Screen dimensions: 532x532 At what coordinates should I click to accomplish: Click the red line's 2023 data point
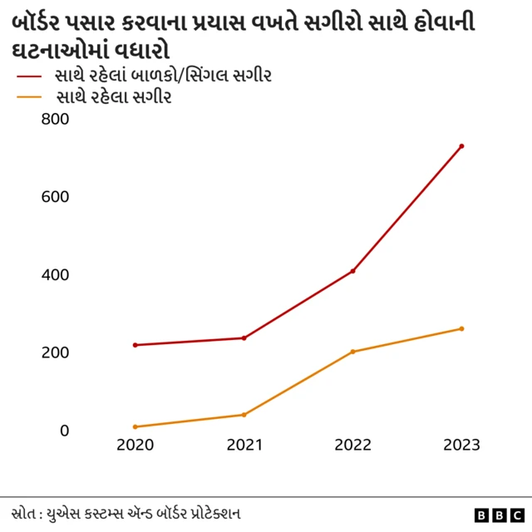(461, 146)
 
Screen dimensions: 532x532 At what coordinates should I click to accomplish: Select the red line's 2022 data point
(352, 271)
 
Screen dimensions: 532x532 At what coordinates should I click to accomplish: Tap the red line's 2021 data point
(244, 337)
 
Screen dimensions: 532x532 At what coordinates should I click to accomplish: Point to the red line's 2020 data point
(135, 345)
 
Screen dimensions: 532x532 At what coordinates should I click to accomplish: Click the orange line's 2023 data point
(461, 328)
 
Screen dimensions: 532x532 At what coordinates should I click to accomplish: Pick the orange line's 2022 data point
(352, 352)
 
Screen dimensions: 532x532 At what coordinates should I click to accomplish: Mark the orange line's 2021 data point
(244, 415)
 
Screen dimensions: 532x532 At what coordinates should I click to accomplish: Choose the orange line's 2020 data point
(135, 426)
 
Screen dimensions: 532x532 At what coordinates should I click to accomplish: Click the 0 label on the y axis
(63, 431)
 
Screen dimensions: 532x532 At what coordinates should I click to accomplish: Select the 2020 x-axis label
(135, 446)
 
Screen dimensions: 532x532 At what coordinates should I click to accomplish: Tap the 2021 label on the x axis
(244, 446)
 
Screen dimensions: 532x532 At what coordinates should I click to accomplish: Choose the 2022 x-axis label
(352, 446)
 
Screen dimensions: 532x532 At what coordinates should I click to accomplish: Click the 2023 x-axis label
(461, 446)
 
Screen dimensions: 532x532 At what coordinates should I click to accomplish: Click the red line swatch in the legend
(29, 76)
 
